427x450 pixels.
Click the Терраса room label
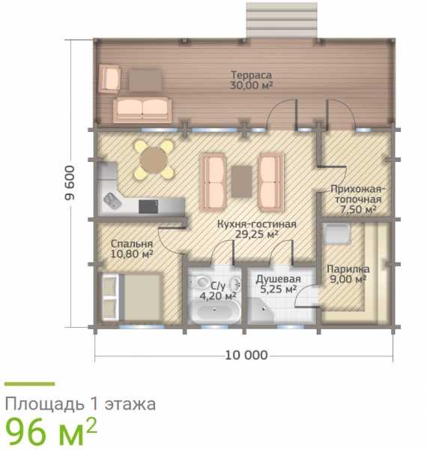251,75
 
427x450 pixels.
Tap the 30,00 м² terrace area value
251,85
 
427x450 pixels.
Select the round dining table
154,160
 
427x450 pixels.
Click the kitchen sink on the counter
112,200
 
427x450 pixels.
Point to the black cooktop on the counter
148,207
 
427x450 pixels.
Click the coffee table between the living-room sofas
241,181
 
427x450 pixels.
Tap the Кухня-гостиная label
257,223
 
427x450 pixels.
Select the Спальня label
132,244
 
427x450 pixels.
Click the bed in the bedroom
132,297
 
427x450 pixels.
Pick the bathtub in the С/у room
216,313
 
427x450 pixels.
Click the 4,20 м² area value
218,296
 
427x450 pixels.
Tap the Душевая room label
278,279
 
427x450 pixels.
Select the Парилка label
348,269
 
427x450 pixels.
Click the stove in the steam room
336,233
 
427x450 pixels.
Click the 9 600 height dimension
70,183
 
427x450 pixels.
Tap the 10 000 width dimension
246,355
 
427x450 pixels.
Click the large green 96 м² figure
51,432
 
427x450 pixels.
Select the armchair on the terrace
109,79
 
